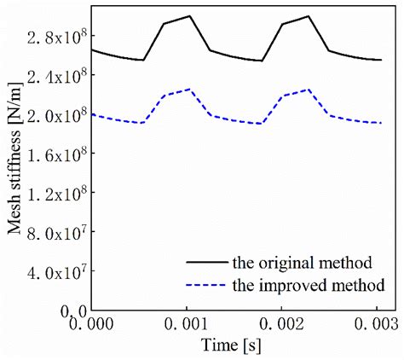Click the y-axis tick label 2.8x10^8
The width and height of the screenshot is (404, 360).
[59, 37]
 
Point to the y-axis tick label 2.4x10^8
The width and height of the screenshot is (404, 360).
[59, 76]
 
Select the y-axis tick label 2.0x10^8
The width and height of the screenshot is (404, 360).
[59, 115]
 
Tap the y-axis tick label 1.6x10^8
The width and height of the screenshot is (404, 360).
[59, 154]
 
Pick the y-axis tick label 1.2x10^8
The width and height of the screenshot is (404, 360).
[59, 194]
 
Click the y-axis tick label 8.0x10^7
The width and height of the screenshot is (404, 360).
[59, 232]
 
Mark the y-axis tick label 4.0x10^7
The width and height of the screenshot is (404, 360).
[59, 271]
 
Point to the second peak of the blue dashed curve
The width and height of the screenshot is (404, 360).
[308, 89]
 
